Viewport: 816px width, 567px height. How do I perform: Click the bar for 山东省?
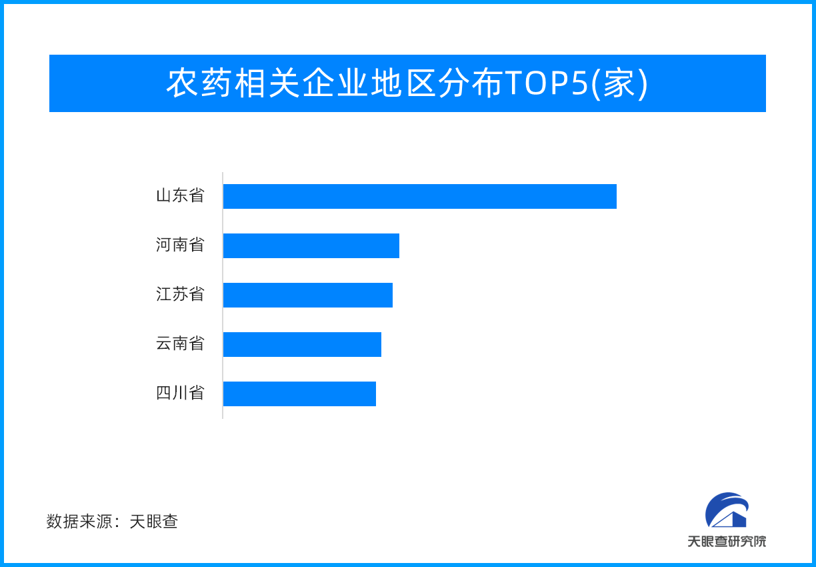[419, 196]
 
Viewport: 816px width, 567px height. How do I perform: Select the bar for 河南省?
[311, 245]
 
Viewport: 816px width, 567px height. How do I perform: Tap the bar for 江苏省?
[308, 295]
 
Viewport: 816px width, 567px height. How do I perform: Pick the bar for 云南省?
[302, 344]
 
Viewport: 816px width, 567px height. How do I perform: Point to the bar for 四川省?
[299, 394]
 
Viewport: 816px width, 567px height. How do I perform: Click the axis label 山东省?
[180, 195]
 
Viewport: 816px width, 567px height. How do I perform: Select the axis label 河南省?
[180, 245]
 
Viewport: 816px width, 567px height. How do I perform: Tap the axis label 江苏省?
[180, 294]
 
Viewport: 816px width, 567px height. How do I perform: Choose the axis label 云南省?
[180, 344]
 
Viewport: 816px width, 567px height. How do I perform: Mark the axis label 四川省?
[180, 393]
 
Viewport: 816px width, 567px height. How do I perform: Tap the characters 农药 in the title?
[199, 83]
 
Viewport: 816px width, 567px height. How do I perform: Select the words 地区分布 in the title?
[437, 83]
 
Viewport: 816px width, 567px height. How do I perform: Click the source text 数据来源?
[79, 522]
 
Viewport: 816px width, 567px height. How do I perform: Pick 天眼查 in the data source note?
[154, 522]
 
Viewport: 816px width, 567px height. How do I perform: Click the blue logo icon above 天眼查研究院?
[727, 510]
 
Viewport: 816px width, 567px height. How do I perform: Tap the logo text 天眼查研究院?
[727, 542]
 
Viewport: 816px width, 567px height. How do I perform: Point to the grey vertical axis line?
[223, 296]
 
